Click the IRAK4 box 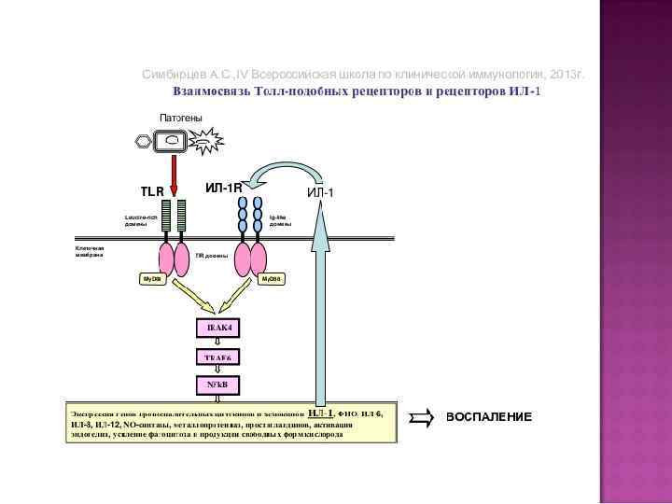pyautogui.click(x=218, y=327)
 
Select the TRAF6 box pyautogui.click(x=217, y=357)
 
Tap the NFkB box pyautogui.click(x=217, y=384)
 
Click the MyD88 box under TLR pyautogui.click(x=151, y=279)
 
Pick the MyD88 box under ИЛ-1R pyautogui.click(x=272, y=279)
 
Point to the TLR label pyautogui.click(x=152, y=191)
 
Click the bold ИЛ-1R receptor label pyautogui.click(x=223, y=189)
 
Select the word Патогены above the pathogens pyautogui.click(x=181, y=118)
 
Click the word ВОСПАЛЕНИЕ pyautogui.click(x=488, y=416)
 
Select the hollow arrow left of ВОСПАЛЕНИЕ pyautogui.click(x=422, y=417)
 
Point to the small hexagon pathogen pyautogui.click(x=143, y=141)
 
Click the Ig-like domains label pyautogui.click(x=281, y=221)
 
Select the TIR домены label pyautogui.click(x=212, y=255)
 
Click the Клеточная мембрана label pyautogui.click(x=90, y=251)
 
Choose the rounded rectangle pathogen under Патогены pyautogui.click(x=172, y=141)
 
